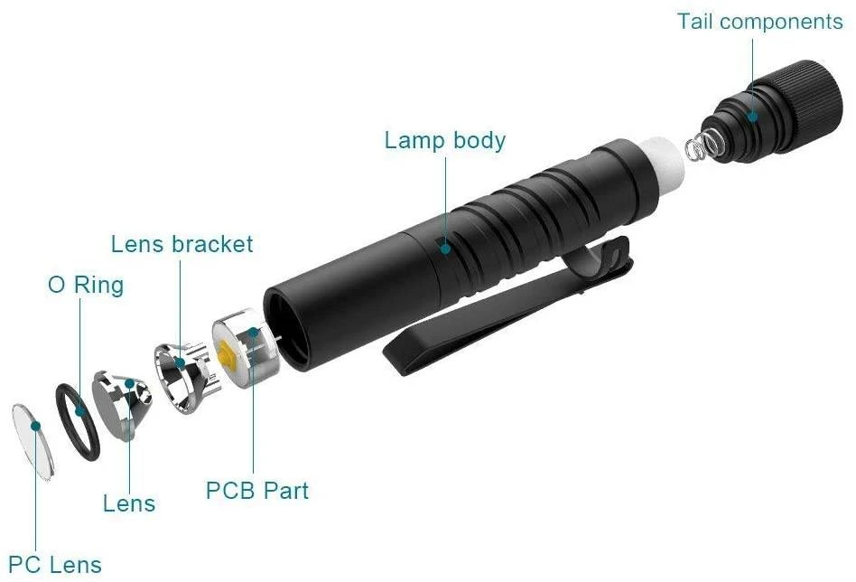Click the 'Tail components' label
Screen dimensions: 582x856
point(759,21)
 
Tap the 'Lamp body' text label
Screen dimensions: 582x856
point(444,141)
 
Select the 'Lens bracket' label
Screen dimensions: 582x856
point(181,244)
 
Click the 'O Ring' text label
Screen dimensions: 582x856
point(85,286)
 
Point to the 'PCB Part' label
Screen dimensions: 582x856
point(257,491)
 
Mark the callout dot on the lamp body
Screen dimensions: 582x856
point(444,244)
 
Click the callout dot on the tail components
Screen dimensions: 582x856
point(752,116)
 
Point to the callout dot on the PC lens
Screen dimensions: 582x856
point(36,422)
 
